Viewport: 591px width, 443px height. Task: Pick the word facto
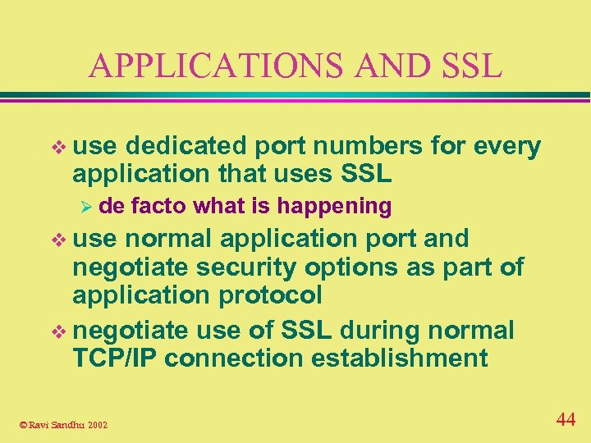point(157,206)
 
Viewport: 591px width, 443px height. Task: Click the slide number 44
point(566,420)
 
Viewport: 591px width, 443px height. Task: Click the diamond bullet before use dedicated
point(57,148)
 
